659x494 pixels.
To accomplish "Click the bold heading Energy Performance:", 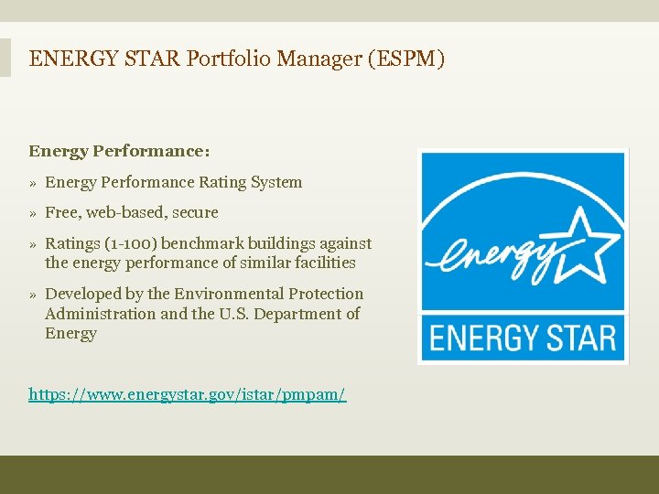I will pyautogui.click(x=119, y=151).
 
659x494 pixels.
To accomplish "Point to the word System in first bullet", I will pyautogui.click(x=275, y=182).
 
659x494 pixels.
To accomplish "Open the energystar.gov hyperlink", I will pyautogui.click(x=188, y=395).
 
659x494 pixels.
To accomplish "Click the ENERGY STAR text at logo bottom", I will pyautogui.click(x=523, y=338).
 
